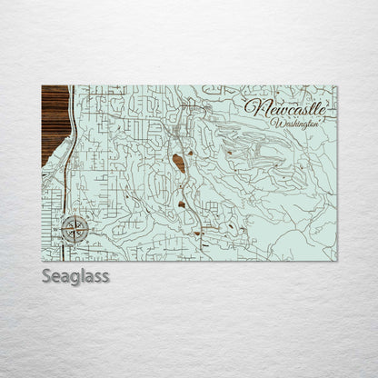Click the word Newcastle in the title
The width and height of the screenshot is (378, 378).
[283, 107]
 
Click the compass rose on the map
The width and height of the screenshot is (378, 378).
[75, 229]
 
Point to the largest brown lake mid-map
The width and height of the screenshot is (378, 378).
[180, 164]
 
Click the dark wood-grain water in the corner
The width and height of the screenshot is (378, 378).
[53, 123]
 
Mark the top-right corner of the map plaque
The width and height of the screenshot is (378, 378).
[335, 86]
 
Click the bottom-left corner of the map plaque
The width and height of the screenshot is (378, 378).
[43, 260]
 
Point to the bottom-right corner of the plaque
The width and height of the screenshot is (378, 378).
[335, 260]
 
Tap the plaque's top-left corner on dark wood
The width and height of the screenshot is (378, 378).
[43, 86]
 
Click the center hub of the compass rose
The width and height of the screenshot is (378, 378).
[75, 229]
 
